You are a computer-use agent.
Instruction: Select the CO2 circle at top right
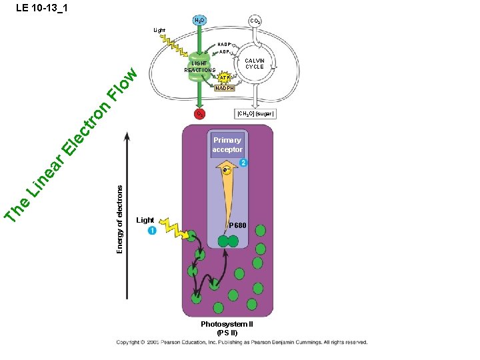(x=254, y=21)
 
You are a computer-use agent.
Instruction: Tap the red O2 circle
(x=199, y=114)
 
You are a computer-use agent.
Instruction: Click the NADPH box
(x=225, y=88)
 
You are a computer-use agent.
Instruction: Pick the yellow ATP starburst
(x=225, y=77)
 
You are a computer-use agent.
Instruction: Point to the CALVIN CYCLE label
(x=255, y=64)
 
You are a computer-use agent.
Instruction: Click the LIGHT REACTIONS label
(x=200, y=67)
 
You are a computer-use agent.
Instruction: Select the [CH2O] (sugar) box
(x=255, y=114)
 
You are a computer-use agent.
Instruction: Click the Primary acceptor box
(x=227, y=145)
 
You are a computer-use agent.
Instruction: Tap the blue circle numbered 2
(x=244, y=163)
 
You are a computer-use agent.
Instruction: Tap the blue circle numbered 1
(x=152, y=231)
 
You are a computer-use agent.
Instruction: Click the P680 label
(x=238, y=227)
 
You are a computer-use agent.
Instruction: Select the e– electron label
(x=227, y=171)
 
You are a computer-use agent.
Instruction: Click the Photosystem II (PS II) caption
(x=227, y=328)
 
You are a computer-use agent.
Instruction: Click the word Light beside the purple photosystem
(x=145, y=220)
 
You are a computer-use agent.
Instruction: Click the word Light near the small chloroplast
(x=159, y=30)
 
